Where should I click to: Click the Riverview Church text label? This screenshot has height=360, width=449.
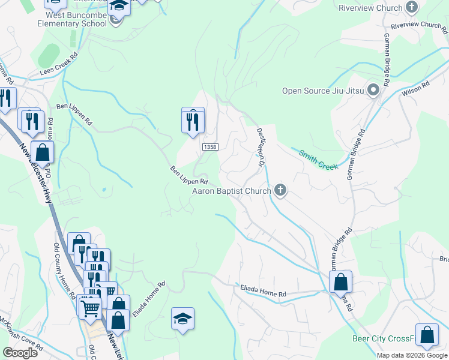coord(370,8)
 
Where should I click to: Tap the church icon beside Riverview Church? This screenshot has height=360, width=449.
coord(412,7)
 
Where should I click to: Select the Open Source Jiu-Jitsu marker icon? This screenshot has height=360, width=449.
coord(373,91)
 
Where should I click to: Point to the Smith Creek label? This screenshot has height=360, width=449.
coord(319,158)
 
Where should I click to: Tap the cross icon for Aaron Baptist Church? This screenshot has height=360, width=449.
coord(280,191)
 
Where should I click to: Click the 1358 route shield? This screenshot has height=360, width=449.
coord(209,147)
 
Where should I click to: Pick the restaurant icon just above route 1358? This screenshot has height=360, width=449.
coord(193,122)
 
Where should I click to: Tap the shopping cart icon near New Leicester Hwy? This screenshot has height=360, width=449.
coord(90,308)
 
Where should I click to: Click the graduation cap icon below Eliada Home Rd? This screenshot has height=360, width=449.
coord(182,319)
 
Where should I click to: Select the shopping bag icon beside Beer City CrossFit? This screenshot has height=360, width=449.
coord(427,337)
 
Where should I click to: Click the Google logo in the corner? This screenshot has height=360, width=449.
coord(20,353)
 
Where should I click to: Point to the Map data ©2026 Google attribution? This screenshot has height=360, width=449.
coord(412,355)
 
